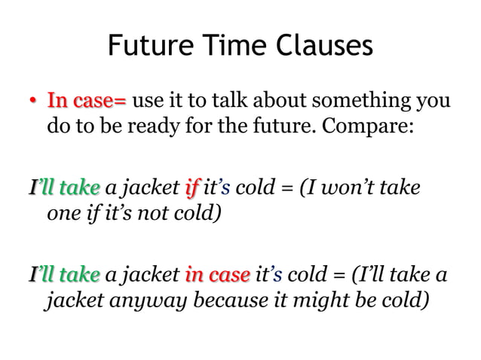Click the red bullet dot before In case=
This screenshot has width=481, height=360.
coord(32,102)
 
